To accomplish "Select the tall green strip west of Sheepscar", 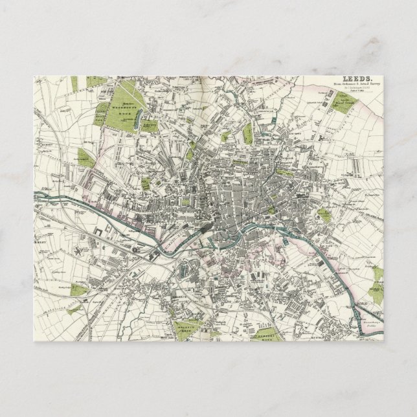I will (247, 133).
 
